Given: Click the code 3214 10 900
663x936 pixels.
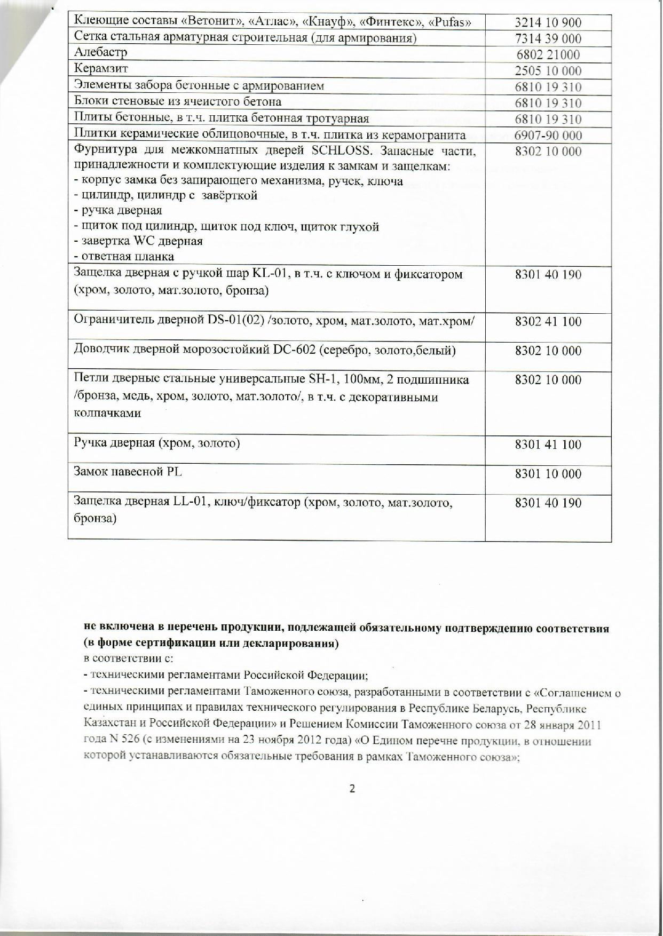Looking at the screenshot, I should (x=548, y=22).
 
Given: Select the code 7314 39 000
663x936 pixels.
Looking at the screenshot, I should (x=548, y=38).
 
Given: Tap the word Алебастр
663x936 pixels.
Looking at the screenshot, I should (x=100, y=52).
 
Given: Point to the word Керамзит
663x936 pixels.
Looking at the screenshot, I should (x=101, y=69).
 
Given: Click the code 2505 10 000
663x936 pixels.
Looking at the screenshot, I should (x=548, y=71).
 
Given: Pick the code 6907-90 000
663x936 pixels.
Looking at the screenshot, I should (x=548, y=136).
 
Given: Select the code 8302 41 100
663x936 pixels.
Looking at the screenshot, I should (x=548, y=322).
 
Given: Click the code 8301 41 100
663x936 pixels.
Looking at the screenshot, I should (x=548, y=445).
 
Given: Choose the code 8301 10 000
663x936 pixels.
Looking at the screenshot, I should (x=548, y=474).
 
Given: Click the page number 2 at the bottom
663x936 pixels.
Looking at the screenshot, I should (x=352, y=789).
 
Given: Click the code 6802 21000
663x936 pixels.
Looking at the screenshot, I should (x=548, y=55).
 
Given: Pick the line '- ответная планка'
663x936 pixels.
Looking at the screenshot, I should (x=124, y=257).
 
